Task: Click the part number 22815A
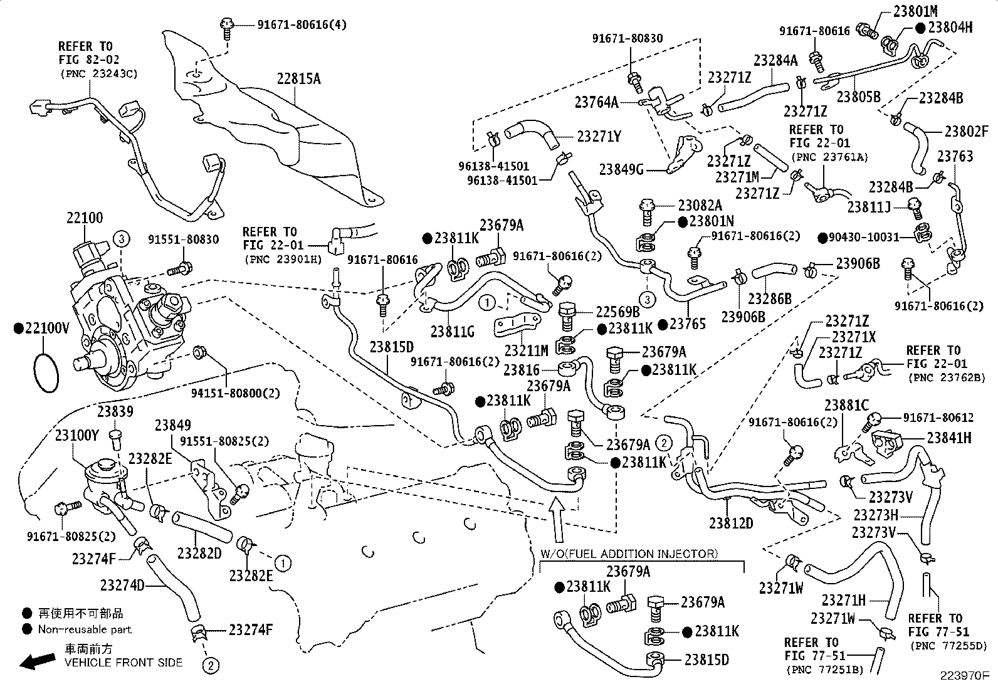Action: (x=298, y=79)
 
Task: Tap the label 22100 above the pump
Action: (x=85, y=218)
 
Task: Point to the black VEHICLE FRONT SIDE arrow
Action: (x=38, y=661)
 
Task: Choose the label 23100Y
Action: (x=76, y=436)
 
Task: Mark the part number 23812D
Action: (x=731, y=523)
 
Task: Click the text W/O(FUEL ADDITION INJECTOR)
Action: (x=629, y=554)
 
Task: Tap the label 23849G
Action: (x=621, y=170)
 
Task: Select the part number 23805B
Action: (x=859, y=97)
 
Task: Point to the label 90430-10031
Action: (x=864, y=237)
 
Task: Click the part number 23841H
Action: (x=950, y=438)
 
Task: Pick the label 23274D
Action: (x=122, y=585)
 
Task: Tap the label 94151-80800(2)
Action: (x=235, y=393)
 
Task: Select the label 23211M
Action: (x=526, y=350)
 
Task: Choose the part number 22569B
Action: (x=618, y=312)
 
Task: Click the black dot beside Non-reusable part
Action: (x=27, y=629)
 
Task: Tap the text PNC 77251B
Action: (x=825, y=670)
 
